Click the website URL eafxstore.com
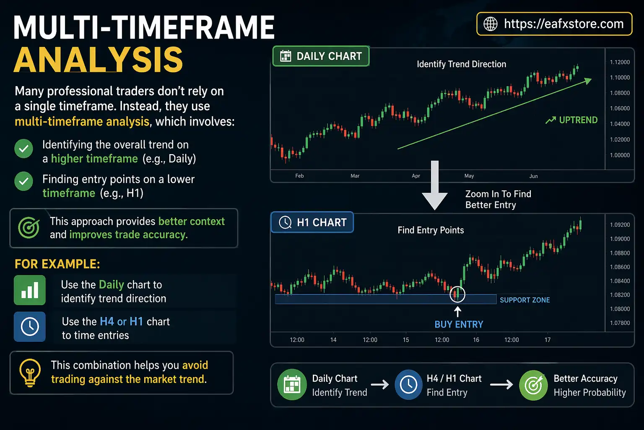pyautogui.click(x=563, y=24)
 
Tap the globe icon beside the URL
pyautogui.click(x=491, y=24)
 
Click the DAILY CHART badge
pyautogui.click(x=321, y=56)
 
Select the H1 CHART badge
pyautogui.click(x=312, y=222)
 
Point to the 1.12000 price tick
pyautogui.click(x=620, y=62)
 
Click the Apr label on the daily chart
pyautogui.click(x=416, y=176)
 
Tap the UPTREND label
pyautogui.click(x=578, y=120)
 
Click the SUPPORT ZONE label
pyautogui.click(x=525, y=300)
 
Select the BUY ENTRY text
pyautogui.click(x=459, y=324)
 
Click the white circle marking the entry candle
pyautogui.click(x=457, y=294)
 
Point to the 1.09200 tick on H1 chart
pyautogui.click(x=620, y=225)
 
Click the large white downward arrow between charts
pyautogui.click(x=435, y=185)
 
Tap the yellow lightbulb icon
pyautogui.click(x=30, y=372)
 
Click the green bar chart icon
pyautogui.click(x=30, y=290)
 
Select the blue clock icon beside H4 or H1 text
pyautogui.click(x=30, y=327)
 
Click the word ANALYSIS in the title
pyautogui.click(x=99, y=60)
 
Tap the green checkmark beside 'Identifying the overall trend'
pyautogui.click(x=24, y=149)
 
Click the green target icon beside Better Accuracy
pyautogui.click(x=533, y=385)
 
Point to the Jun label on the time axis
pyautogui.click(x=533, y=176)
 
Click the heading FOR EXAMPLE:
pyautogui.click(x=57, y=264)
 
